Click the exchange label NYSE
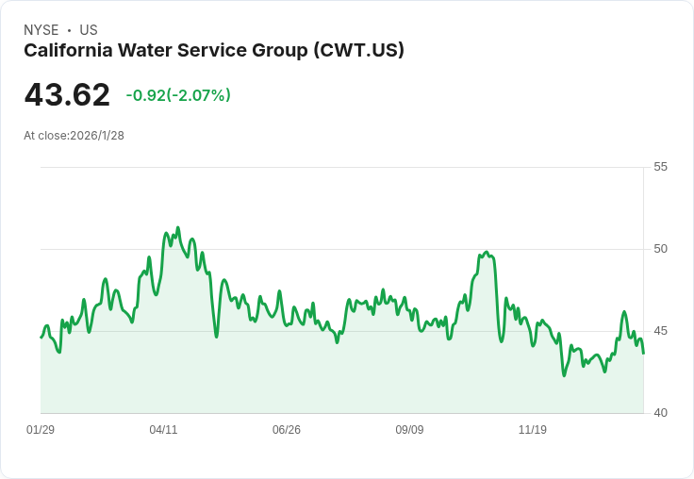pos(41,30)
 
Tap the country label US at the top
pos(89,30)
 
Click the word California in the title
pos(68,50)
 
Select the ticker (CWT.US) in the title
pos(359,51)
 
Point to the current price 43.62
pos(67,94)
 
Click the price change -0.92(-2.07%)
pos(178,95)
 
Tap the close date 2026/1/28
pos(97,136)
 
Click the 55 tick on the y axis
pos(660,167)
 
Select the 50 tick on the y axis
pos(660,249)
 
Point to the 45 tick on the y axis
pos(660,331)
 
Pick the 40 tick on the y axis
pos(660,413)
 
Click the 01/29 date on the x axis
pos(41,429)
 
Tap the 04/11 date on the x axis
pos(163,429)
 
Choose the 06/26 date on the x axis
pos(287,429)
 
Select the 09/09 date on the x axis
pos(409,429)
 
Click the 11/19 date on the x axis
pos(533,429)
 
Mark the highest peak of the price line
pos(178,227)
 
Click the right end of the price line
pos(643,353)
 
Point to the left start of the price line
pos(41,338)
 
